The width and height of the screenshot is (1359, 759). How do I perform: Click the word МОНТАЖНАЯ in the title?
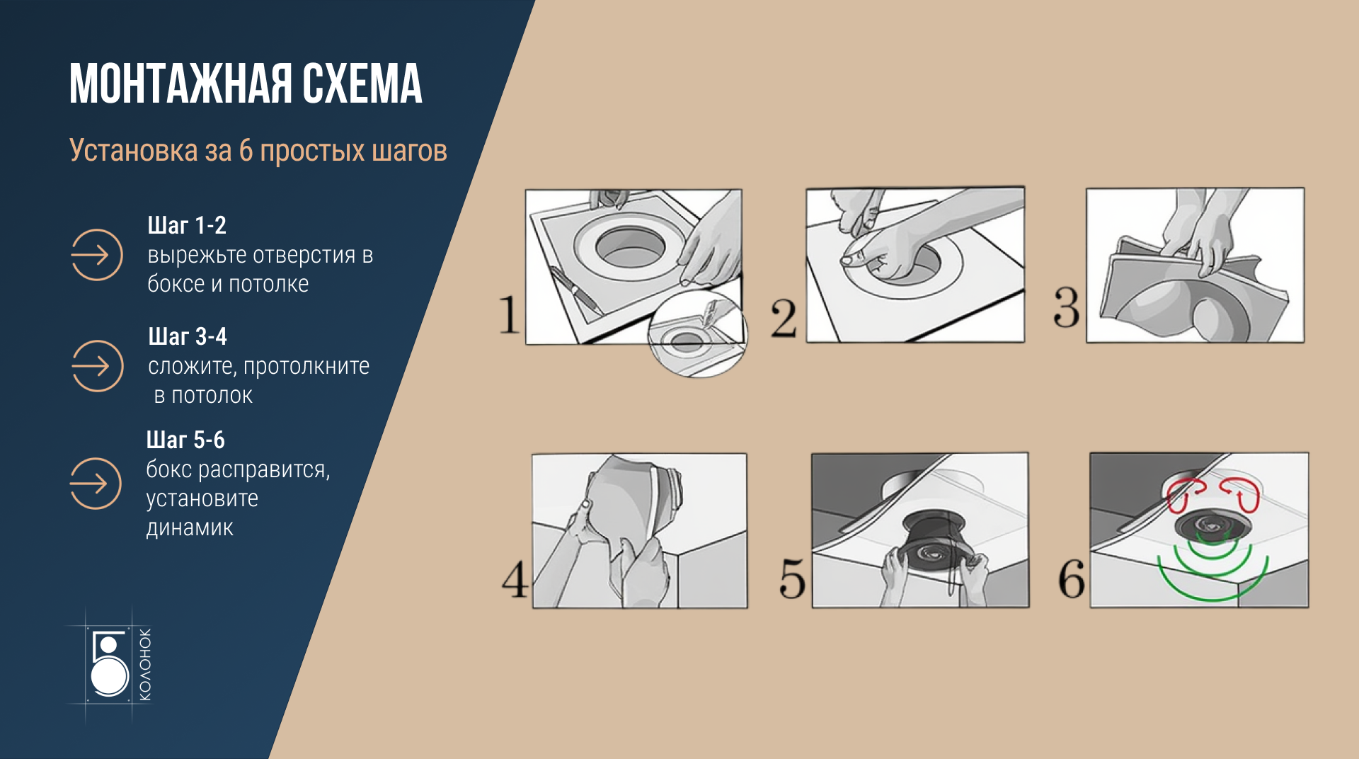tap(180, 84)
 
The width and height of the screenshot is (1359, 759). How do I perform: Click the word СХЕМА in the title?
tap(362, 84)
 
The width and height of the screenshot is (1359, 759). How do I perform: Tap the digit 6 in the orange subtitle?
tap(246, 151)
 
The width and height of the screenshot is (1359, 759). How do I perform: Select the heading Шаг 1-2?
tap(187, 225)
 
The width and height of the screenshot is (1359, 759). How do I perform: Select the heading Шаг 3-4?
tap(188, 336)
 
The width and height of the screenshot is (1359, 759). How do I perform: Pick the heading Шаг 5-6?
tap(185, 440)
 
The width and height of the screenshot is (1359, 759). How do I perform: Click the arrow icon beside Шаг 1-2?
tap(97, 255)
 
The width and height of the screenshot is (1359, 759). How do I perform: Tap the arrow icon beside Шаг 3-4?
tap(98, 366)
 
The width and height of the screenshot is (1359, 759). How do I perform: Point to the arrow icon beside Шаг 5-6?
tap(96, 484)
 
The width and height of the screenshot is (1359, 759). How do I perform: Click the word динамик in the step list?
tap(190, 528)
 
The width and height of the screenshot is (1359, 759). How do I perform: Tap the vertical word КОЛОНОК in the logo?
tap(144, 664)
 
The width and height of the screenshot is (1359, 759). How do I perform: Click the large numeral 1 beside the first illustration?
tap(509, 314)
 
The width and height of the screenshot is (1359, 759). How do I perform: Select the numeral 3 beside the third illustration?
tap(1067, 307)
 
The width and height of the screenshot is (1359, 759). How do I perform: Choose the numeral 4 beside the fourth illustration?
tap(515, 579)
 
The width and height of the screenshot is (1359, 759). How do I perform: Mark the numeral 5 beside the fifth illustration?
tap(792, 578)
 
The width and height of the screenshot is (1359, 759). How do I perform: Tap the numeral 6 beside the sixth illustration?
tap(1072, 578)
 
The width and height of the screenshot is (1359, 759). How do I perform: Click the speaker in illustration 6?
tap(1212, 527)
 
